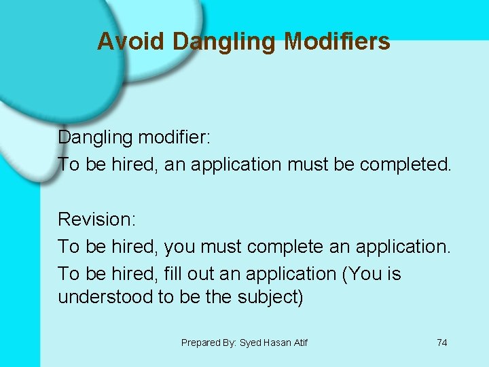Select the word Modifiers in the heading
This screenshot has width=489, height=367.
click(337, 42)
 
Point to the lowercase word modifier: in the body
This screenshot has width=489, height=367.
click(175, 137)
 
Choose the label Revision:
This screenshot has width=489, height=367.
click(97, 220)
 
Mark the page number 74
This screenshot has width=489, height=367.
click(442, 343)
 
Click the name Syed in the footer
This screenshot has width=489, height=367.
click(251, 343)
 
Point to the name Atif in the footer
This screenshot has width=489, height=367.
click(300, 343)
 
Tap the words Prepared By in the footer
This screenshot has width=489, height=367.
click(209, 343)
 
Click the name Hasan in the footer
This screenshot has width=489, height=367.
click(277, 343)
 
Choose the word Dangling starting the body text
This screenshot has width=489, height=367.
click(95, 137)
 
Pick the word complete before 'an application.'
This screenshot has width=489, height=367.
click(285, 247)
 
